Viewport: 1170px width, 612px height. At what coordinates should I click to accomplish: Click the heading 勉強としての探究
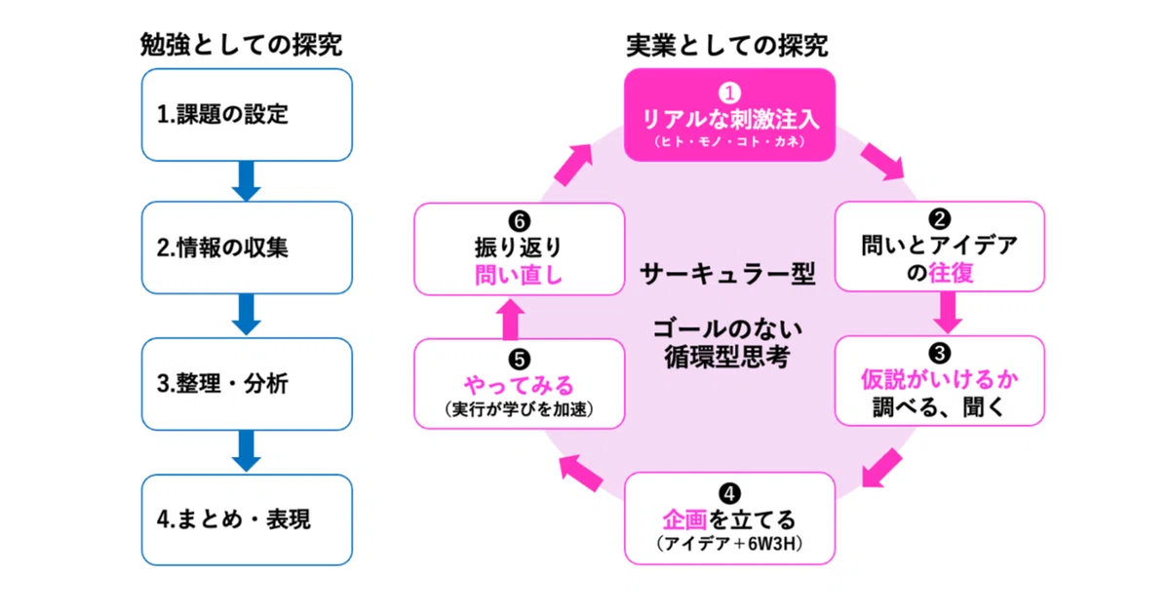[x=241, y=45]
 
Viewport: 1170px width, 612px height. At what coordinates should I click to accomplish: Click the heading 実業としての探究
[x=726, y=45]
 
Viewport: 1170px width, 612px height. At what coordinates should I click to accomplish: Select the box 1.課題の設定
[x=247, y=115]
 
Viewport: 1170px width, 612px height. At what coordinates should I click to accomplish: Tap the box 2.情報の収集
[x=247, y=248]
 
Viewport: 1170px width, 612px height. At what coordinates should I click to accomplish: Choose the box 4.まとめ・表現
[x=247, y=519]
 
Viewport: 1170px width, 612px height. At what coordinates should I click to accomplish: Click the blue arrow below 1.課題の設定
[x=247, y=180]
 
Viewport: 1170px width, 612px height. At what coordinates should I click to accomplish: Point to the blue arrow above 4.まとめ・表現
[x=247, y=451]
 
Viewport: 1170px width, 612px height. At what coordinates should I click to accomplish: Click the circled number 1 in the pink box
[x=729, y=94]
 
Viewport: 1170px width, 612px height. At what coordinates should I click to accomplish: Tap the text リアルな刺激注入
[x=729, y=120]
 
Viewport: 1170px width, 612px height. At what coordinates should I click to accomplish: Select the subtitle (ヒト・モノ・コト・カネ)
[x=729, y=143]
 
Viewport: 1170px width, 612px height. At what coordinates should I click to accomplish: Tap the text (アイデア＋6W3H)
[x=729, y=542]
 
